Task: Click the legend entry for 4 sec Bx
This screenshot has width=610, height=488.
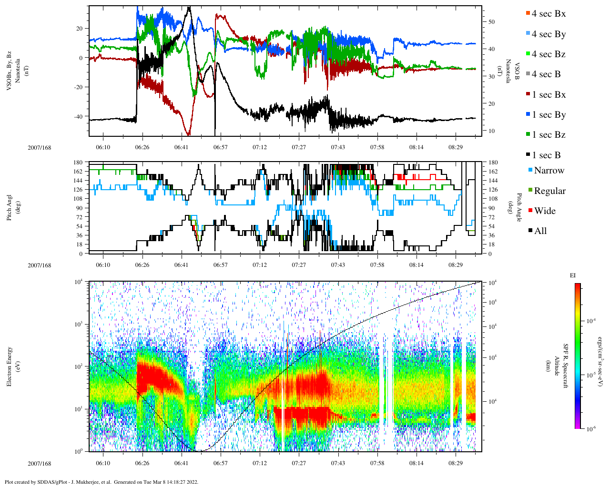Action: tap(548, 14)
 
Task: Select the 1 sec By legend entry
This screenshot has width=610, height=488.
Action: tap(548, 115)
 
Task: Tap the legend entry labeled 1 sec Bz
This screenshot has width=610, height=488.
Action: tap(548, 135)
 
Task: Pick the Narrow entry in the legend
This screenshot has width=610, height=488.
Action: tap(549, 171)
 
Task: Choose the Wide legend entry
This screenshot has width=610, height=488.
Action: tap(544, 211)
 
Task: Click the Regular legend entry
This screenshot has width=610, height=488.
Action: tap(549, 191)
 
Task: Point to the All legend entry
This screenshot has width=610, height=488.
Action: tap(540, 231)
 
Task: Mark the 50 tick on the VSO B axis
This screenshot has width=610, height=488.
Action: tap(491, 22)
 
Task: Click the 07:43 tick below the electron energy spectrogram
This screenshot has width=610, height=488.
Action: tap(338, 463)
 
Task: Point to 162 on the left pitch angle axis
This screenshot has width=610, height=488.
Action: tap(79, 172)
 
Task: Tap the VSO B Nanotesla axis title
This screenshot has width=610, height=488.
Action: tap(508, 71)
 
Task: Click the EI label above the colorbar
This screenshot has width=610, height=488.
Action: tap(573, 275)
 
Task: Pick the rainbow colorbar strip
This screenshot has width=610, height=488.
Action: tap(577, 356)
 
